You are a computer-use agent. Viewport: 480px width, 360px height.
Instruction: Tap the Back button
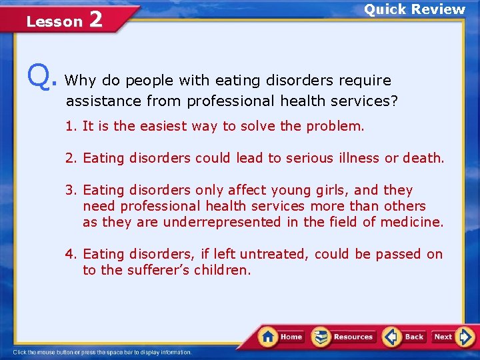(x=405, y=337)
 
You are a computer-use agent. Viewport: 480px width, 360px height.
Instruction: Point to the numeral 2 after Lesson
(x=95, y=20)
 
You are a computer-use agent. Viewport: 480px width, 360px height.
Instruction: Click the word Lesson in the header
(x=54, y=21)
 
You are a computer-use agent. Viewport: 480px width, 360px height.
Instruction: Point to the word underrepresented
(x=222, y=222)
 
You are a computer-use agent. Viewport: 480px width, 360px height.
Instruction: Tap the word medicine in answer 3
(x=411, y=222)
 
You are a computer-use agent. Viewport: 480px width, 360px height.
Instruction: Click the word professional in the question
(x=230, y=101)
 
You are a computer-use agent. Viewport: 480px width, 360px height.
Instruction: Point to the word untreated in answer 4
(x=274, y=254)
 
